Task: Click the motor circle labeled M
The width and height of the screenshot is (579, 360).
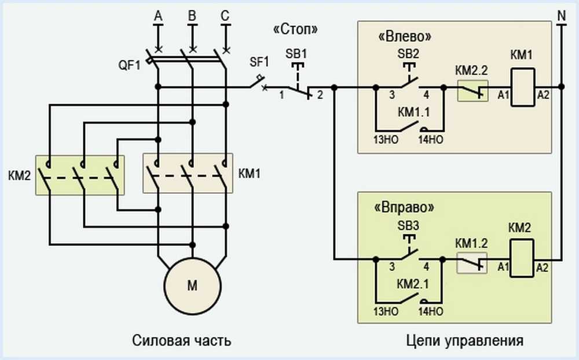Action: click(192, 285)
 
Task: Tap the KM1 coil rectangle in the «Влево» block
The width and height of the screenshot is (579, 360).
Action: click(522, 87)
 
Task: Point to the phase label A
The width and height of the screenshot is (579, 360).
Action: click(157, 18)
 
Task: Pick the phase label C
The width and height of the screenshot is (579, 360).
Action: click(225, 18)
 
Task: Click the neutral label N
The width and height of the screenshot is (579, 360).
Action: click(561, 16)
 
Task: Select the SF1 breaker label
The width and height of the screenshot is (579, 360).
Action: click(259, 61)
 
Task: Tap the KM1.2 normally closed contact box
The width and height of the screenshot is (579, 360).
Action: click(472, 262)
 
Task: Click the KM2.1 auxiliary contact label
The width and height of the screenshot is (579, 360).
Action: click(415, 285)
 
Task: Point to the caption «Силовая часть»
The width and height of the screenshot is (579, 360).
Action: click(182, 340)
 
